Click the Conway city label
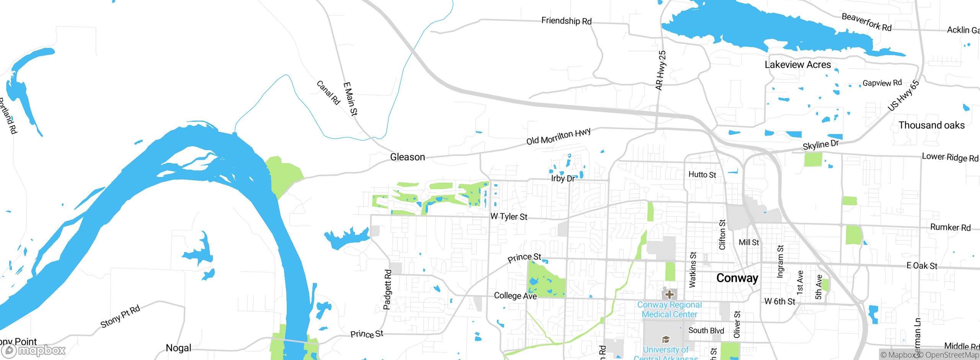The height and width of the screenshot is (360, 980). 737,278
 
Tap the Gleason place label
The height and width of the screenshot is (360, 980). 407,157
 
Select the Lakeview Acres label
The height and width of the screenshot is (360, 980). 798,65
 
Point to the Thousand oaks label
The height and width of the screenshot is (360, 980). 931,125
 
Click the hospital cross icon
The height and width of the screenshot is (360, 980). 669,295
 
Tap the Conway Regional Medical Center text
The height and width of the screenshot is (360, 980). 669,309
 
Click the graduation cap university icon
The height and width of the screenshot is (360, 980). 666,339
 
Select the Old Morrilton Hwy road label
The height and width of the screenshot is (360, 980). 558,137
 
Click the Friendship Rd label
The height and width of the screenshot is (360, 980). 566,21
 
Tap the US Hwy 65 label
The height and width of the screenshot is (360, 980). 903,96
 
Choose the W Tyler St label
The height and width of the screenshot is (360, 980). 509,217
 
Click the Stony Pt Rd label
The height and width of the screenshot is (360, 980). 120,316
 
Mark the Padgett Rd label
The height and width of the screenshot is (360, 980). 387,290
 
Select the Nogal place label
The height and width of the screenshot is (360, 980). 178,348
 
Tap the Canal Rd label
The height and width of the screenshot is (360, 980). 328,92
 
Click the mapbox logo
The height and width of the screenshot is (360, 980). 34,350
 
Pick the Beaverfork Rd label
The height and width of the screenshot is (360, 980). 866,22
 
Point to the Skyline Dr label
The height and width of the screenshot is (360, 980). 820,145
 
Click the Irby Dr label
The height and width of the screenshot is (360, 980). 563,178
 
